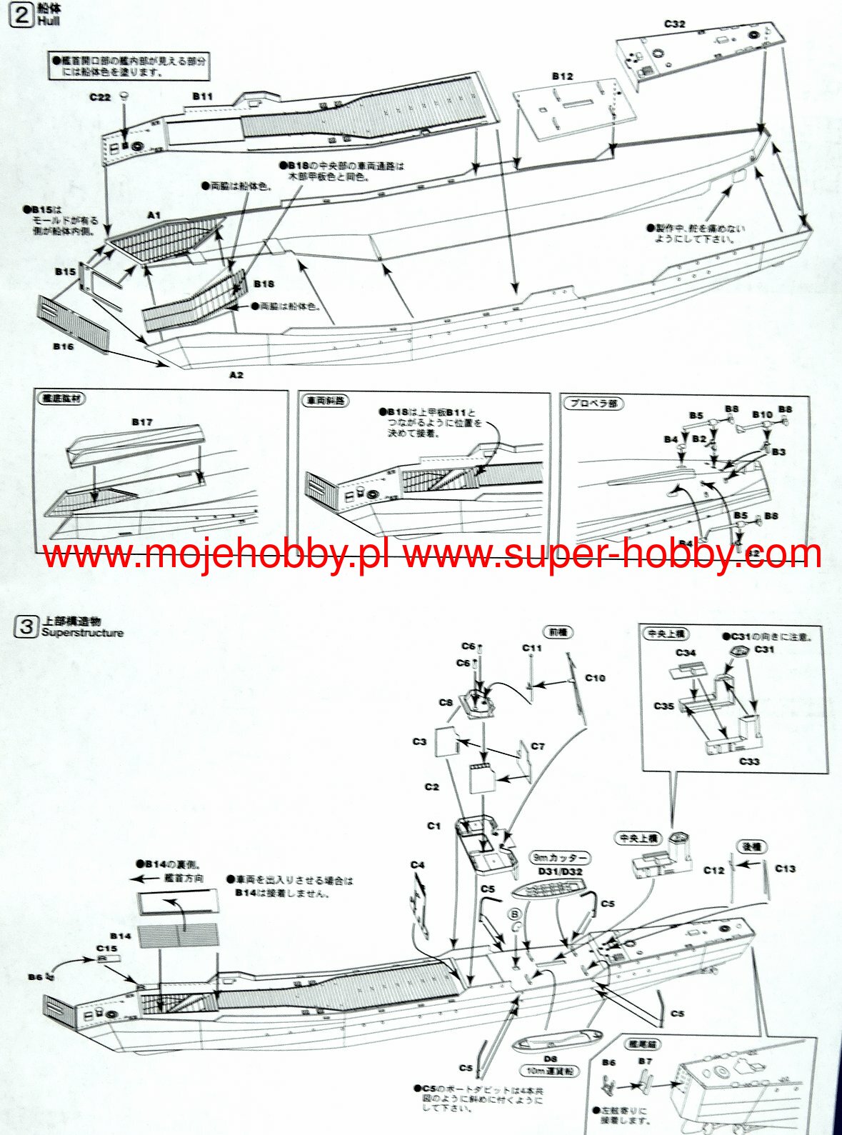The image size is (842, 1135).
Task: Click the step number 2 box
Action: [22, 15]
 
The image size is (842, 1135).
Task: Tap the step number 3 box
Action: [26, 627]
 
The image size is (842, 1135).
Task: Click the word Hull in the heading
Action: [49, 21]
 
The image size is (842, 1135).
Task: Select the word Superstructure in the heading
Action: [82, 633]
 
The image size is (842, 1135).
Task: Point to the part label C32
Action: [674, 24]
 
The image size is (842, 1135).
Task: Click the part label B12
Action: [562, 76]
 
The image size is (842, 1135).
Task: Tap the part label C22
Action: [100, 97]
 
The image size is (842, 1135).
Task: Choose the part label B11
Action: [203, 96]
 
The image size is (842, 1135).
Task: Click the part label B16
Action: [63, 346]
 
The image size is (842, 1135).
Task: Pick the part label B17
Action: [142, 421]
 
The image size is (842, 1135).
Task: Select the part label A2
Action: [236, 374]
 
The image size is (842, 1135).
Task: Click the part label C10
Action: [595, 677]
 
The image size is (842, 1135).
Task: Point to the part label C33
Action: [749, 761]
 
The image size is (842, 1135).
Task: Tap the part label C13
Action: [785, 869]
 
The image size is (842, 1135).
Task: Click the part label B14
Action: [121, 936]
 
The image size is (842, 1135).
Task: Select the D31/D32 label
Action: [561, 871]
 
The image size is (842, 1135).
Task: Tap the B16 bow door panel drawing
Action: [74, 322]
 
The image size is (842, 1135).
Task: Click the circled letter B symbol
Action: [515, 914]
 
